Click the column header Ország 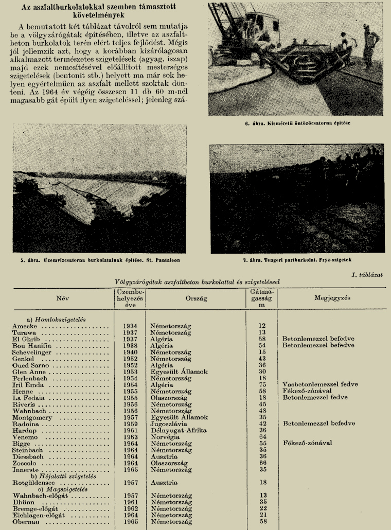pos(196,298)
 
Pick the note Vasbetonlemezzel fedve pos(320,384)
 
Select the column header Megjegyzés pos(332,298)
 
